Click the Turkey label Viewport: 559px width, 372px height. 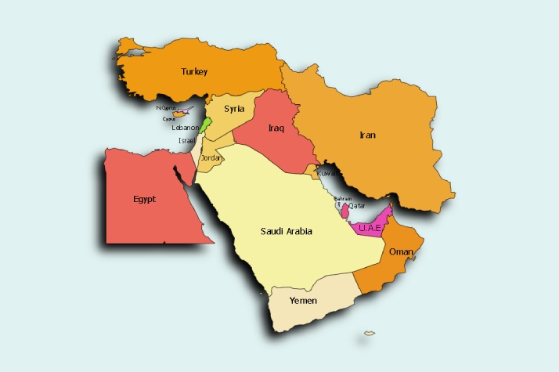click(x=194, y=72)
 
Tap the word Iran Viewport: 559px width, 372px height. click(x=367, y=135)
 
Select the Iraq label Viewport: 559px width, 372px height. click(x=275, y=128)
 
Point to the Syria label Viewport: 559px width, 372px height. click(x=233, y=109)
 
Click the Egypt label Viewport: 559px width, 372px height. click(x=144, y=199)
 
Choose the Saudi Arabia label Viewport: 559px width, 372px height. click(x=287, y=231)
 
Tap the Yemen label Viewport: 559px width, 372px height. click(x=303, y=301)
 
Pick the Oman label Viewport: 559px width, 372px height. click(x=400, y=251)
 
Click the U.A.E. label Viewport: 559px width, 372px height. click(x=369, y=228)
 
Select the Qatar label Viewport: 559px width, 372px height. click(x=357, y=205)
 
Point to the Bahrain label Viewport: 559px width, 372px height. click(x=342, y=198)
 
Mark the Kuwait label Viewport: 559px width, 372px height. click(x=327, y=173)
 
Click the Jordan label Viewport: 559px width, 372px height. click(x=212, y=158)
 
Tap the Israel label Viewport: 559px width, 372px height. click(x=186, y=140)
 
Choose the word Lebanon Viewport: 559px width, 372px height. click(x=186, y=127)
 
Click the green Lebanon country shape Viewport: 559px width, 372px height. click(x=205, y=124)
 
